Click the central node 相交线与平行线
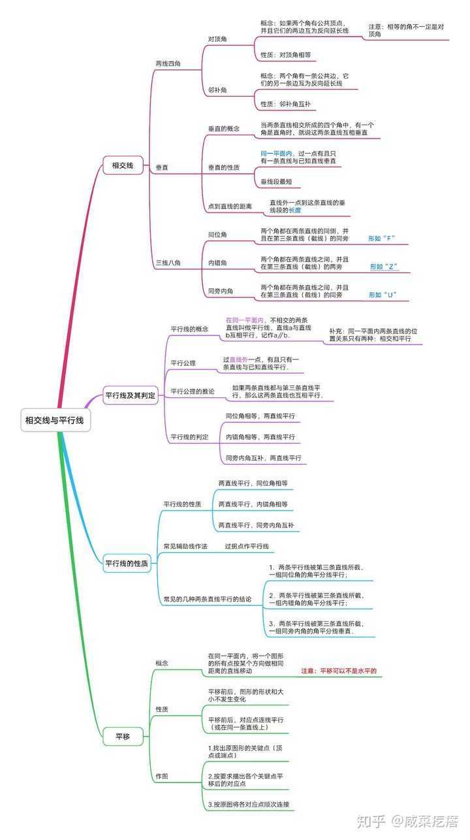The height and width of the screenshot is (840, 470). (55, 420)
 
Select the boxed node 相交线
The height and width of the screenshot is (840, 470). (123, 165)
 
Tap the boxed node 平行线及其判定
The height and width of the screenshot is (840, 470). (131, 395)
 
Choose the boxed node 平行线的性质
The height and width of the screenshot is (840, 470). (127, 563)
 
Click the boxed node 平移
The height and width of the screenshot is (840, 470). (123, 737)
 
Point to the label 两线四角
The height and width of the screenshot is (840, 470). (168, 64)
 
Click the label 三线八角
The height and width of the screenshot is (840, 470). (168, 263)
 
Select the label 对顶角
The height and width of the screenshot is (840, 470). (217, 39)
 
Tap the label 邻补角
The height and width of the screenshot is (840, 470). (217, 90)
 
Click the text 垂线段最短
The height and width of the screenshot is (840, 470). (276, 182)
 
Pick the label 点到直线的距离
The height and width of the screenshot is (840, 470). (230, 207)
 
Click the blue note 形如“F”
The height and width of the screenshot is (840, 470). (382, 238)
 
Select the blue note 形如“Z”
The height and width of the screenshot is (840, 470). (384, 267)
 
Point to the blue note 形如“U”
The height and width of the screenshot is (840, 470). (383, 295)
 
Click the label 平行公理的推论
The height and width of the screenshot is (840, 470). (193, 392)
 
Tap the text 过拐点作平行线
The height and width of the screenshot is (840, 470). (247, 546)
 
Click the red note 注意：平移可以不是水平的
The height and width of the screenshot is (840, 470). (339, 671)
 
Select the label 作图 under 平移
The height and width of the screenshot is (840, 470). (162, 776)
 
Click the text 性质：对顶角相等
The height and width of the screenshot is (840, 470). (286, 55)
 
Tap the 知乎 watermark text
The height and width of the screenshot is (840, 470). (371, 821)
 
